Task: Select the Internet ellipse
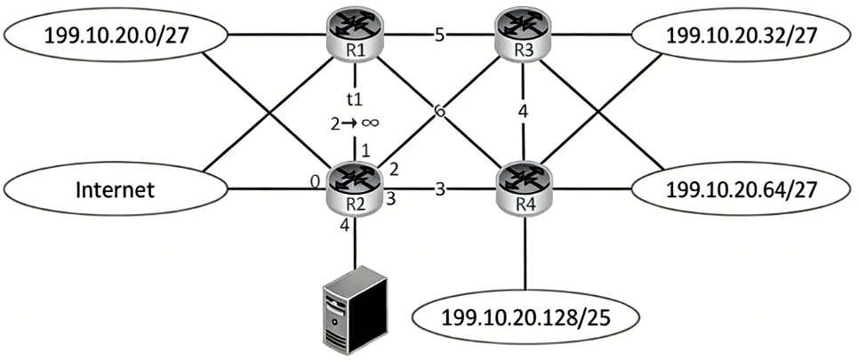tap(115, 189)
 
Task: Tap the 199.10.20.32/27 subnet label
tap(742, 36)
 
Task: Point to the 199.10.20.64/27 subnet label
tap(742, 188)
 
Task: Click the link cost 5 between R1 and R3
tap(439, 37)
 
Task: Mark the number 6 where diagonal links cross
tap(439, 112)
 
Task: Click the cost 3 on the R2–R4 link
tap(439, 188)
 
